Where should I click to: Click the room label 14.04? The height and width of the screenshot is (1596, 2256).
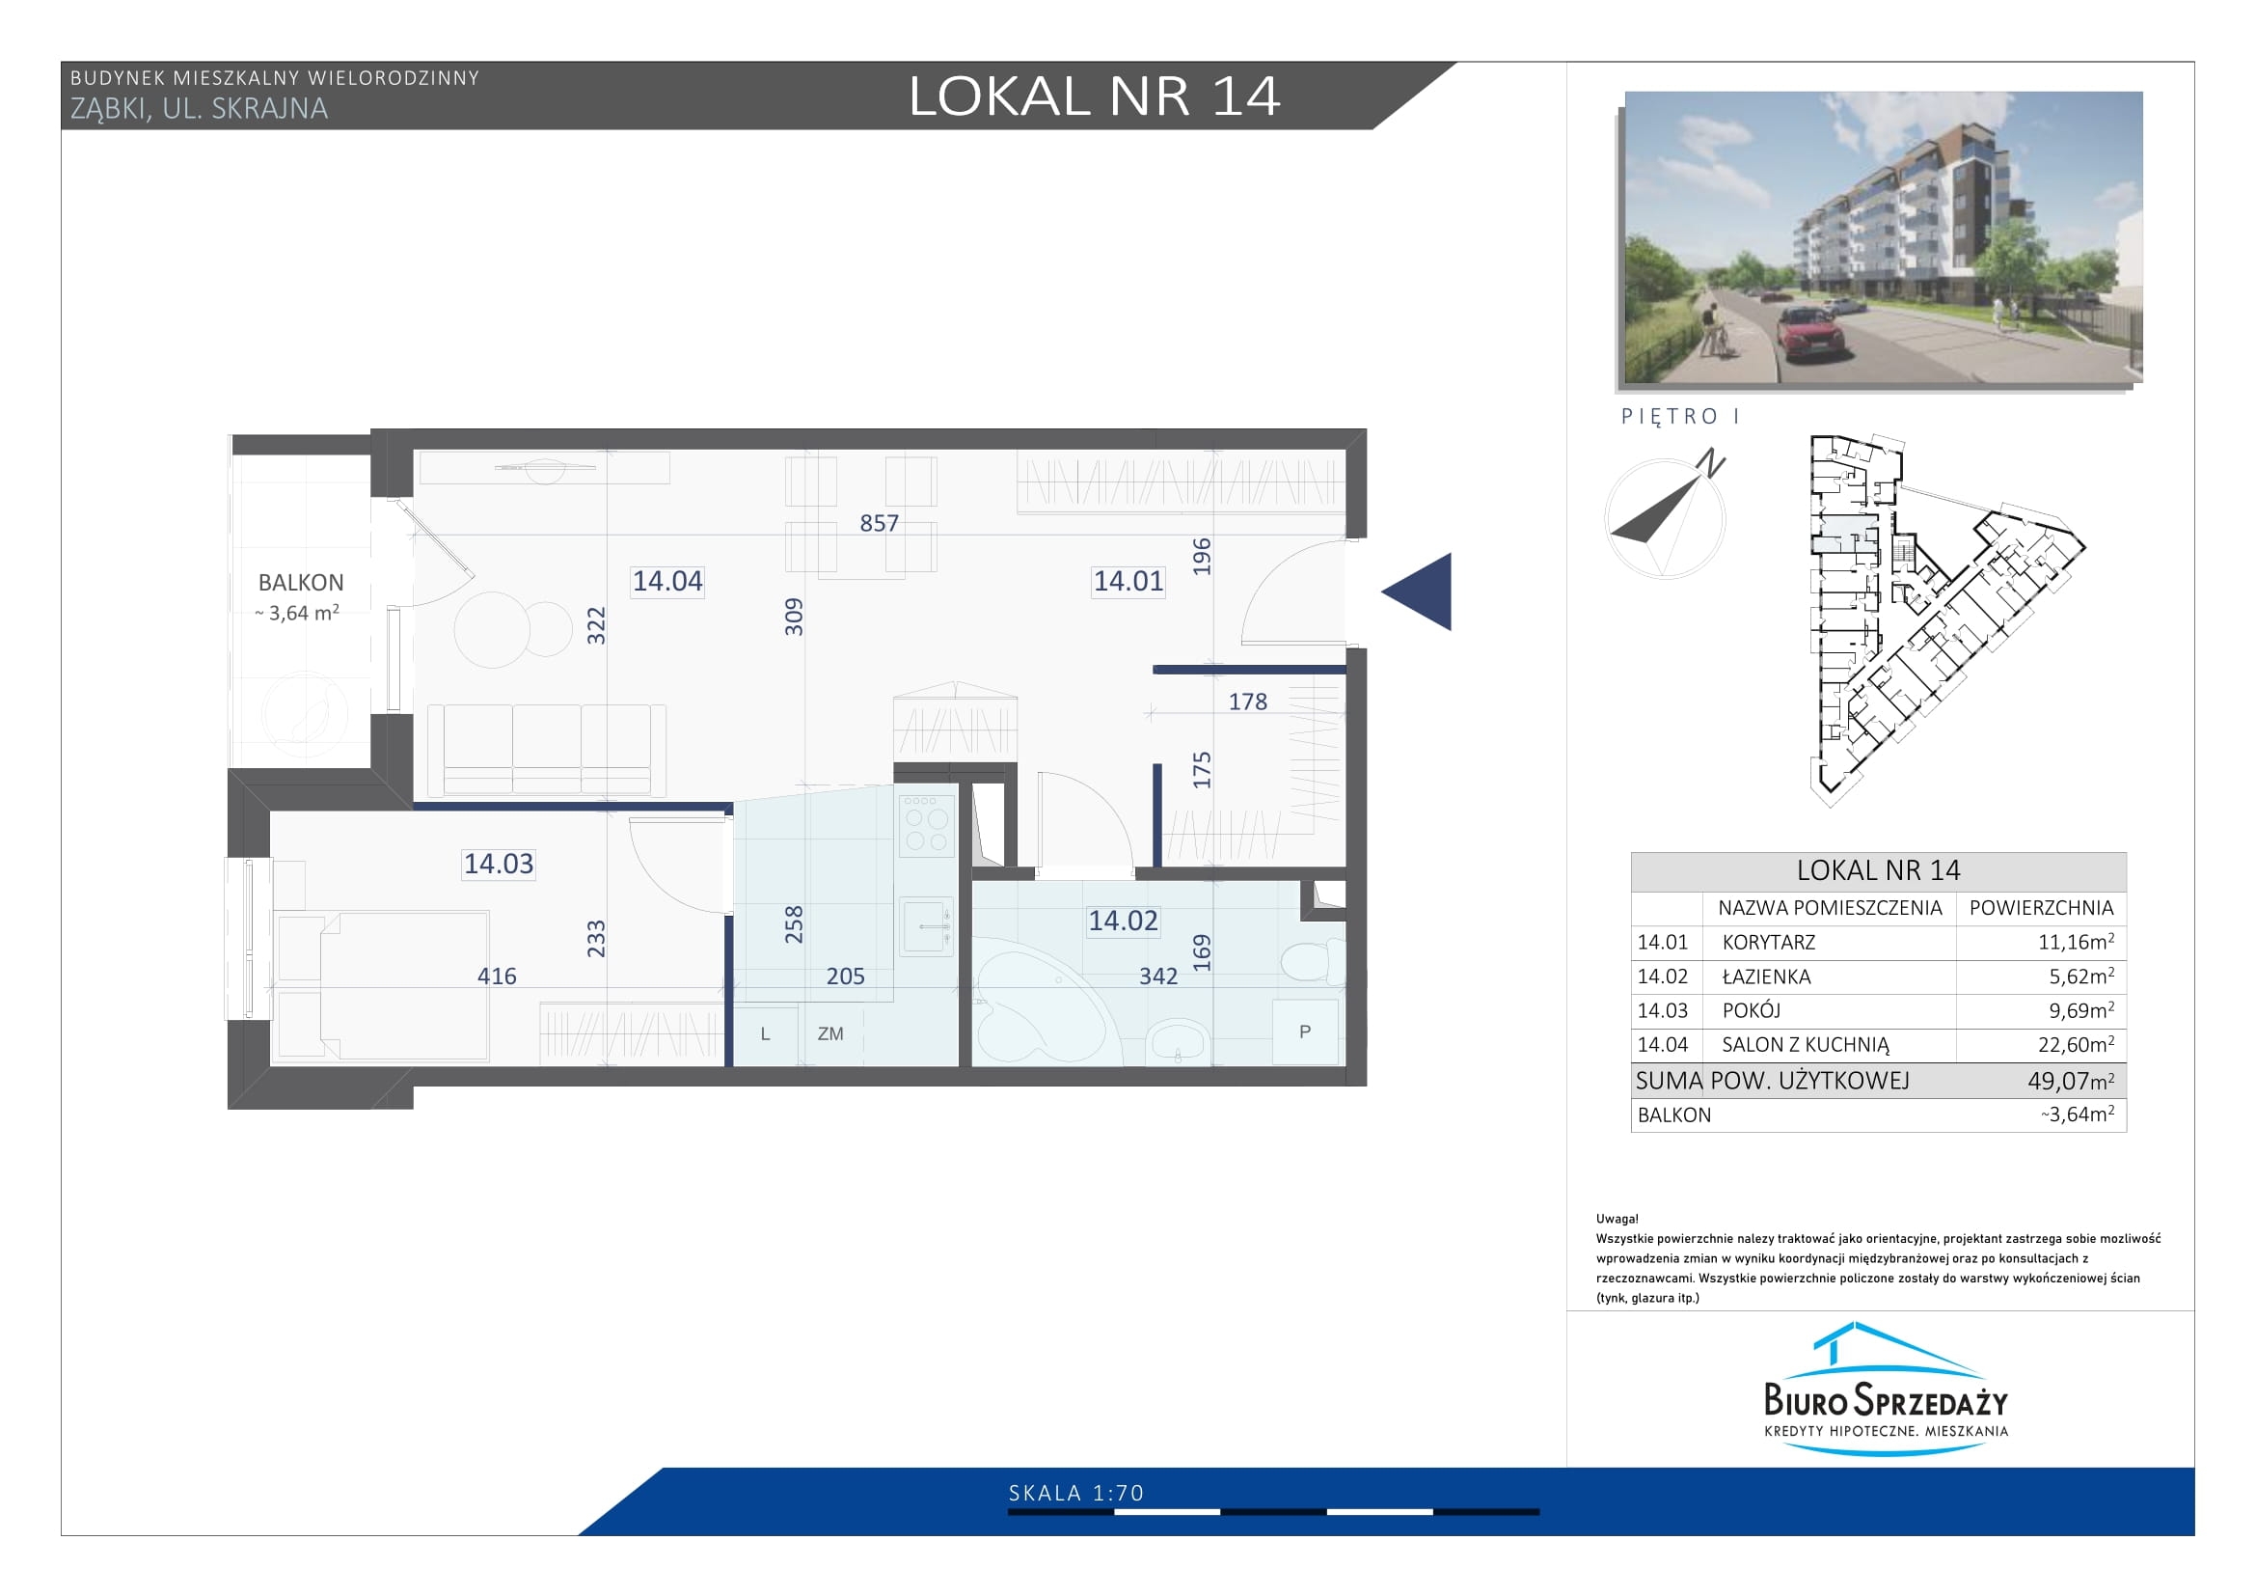tap(667, 581)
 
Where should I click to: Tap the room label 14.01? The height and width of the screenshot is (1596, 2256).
tap(1128, 581)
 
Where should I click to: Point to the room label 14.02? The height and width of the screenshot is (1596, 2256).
tap(1123, 921)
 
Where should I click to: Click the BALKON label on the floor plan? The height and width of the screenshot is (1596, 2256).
tap(301, 583)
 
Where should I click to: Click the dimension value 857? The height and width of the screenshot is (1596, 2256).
tap(880, 524)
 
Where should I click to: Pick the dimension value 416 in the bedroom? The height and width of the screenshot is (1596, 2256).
tap(497, 977)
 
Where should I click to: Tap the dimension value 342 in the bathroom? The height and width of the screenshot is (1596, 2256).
tap(1158, 977)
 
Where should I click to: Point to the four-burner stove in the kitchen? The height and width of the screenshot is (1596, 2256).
tap(927, 826)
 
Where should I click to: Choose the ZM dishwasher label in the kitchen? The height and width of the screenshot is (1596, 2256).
tap(830, 1033)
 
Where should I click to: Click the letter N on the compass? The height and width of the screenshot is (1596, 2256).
tap(1713, 463)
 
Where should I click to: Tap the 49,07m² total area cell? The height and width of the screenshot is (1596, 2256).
tap(2071, 1082)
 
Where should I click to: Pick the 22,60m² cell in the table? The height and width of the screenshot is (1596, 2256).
tap(2077, 1045)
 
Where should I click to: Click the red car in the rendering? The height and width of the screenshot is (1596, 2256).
tap(1808, 332)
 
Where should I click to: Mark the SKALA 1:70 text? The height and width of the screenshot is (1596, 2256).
tap(1076, 1494)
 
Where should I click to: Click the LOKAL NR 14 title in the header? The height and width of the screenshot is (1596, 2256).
tap(1095, 96)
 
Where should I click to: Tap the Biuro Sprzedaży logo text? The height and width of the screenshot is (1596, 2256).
tap(1886, 1399)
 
